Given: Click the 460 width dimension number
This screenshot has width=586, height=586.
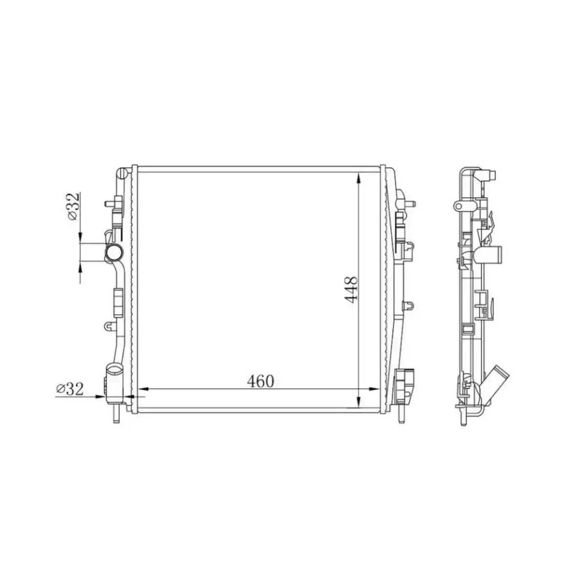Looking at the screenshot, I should pyautogui.click(x=260, y=380).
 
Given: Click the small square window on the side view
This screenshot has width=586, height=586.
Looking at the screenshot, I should pyautogui.click(x=467, y=328).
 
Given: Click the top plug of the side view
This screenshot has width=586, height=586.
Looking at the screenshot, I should pyautogui.click(x=490, y=173).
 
